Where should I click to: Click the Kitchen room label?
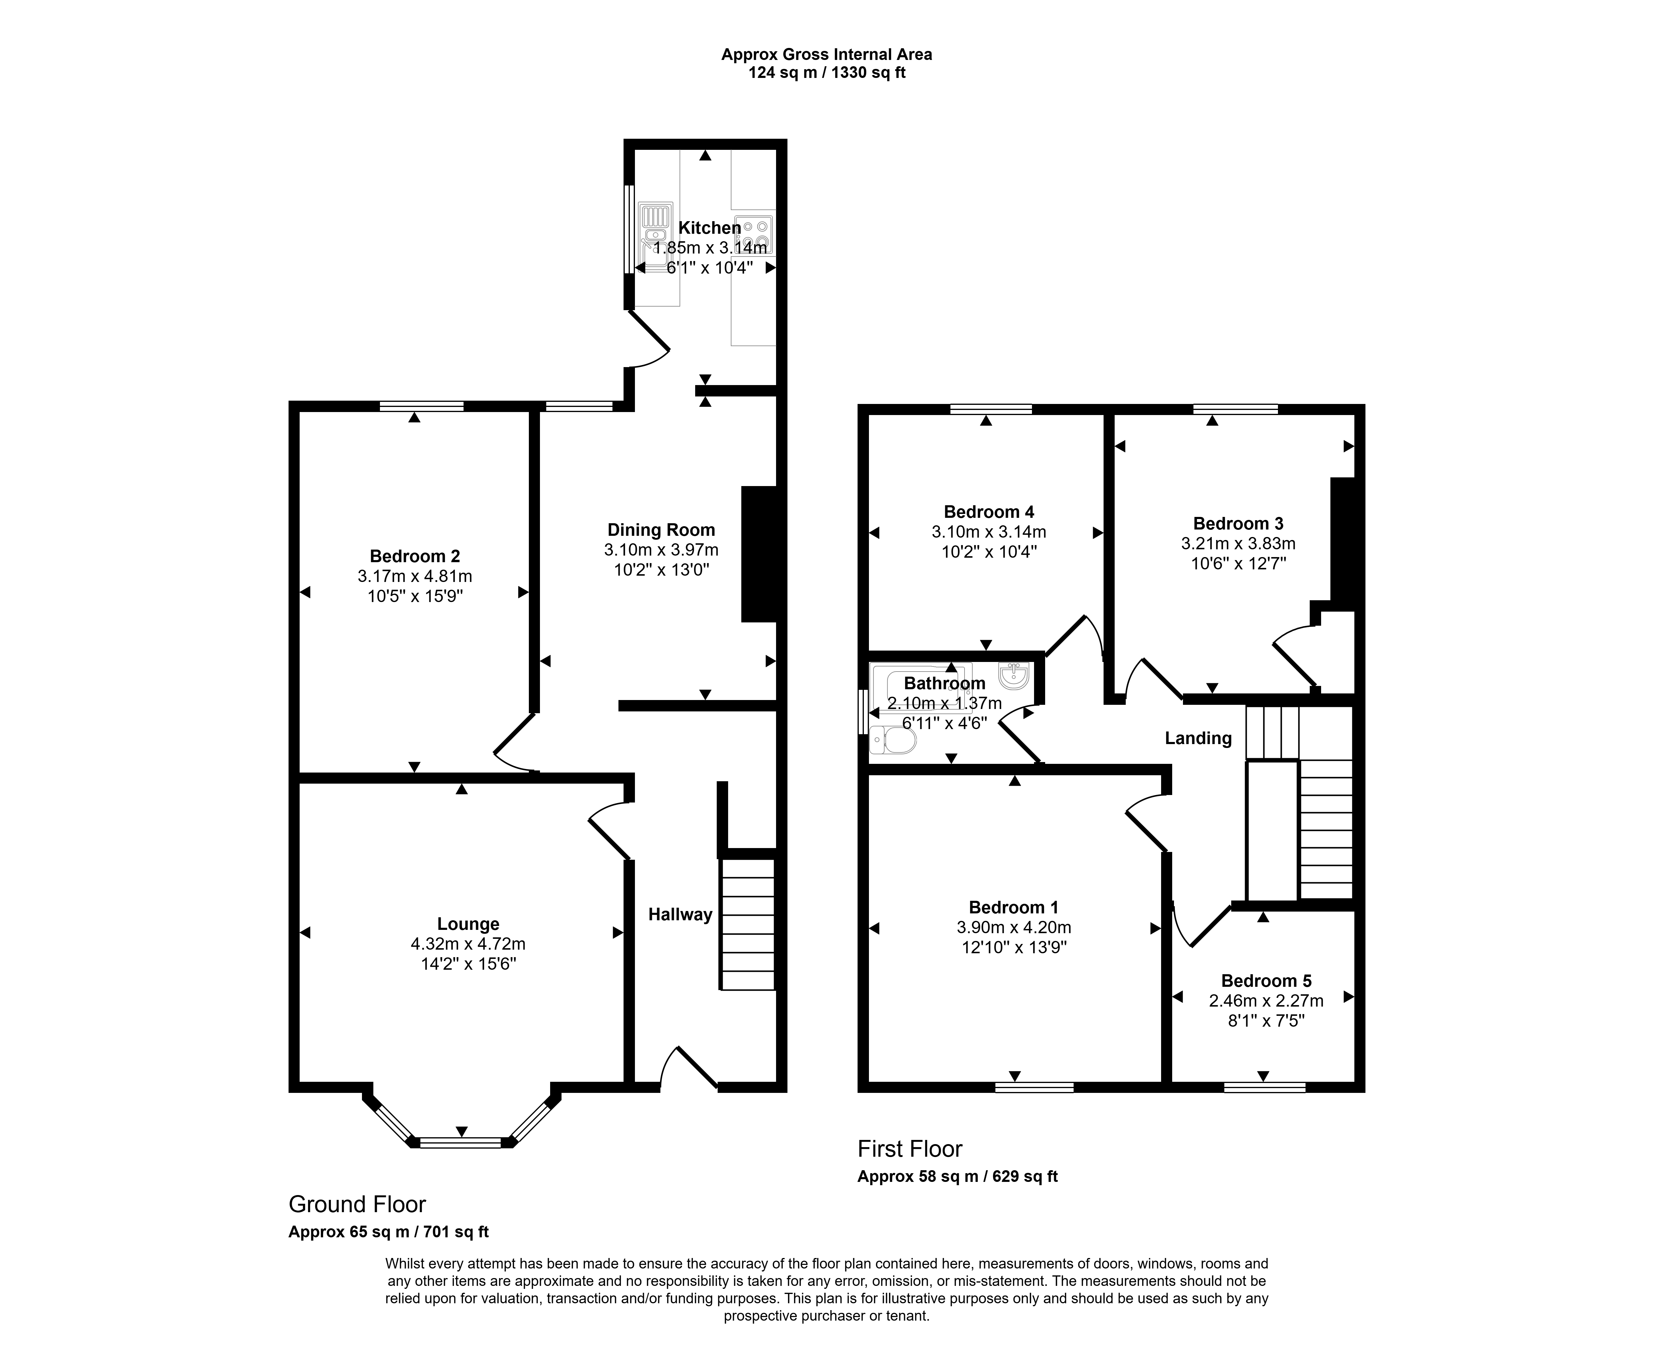pos(710,228)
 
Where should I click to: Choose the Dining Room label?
pos(661,530)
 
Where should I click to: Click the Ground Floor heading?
pos(357,1204)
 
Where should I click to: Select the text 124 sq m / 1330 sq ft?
pos(827,73)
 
